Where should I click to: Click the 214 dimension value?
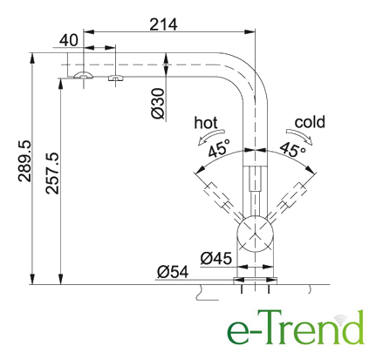[163, 24]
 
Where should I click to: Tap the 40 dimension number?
[69, 40]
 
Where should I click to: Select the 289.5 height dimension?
[24, 161]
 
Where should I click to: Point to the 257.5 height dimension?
[52, 173]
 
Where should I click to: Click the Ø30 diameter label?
[158, 104]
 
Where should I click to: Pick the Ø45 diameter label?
[216, 258]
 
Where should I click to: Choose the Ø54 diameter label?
[173, 272]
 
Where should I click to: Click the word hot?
[206, 123]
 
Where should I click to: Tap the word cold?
[310, 122]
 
